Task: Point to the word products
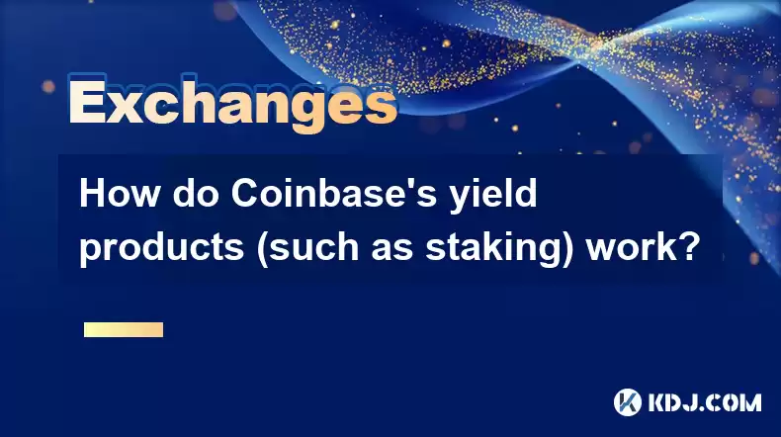(x=162, y=247)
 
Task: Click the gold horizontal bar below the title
(x=124, y=329)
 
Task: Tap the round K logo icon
(x=627, y=402)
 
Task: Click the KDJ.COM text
(x=704, y=402)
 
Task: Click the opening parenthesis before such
(x=262, y=250)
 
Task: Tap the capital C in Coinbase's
(x=243, y=194)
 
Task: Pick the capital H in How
(x=92, y=194)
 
